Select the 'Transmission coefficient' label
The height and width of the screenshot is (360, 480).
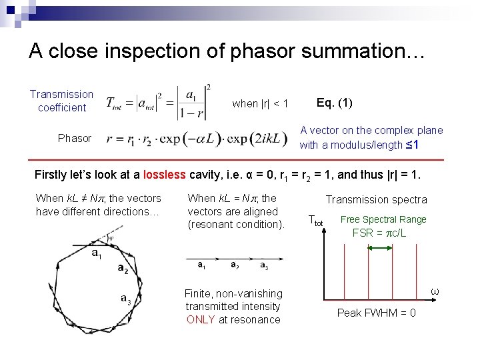(x=61, y=101)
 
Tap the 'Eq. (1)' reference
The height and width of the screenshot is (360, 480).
(x=335, y=103)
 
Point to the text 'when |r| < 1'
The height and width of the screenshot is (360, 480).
(x=260, y=103)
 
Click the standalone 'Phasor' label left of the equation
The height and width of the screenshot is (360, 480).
(x=74, y=138)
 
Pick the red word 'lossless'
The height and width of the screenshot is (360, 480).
(x=163, y=175)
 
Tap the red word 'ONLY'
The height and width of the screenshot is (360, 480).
(x=201, y=319)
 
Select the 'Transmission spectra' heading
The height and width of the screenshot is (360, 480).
(x=376, y=199)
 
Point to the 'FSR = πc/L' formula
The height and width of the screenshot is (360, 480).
(x=379, y=233)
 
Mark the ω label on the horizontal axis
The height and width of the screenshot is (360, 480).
(x=435, y=291)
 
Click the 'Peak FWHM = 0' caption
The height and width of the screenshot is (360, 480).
(x=377, y=313)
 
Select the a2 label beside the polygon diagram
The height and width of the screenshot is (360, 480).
(x=123, y=269)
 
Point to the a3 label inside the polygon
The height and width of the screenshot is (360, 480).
(x=126, y=300)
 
